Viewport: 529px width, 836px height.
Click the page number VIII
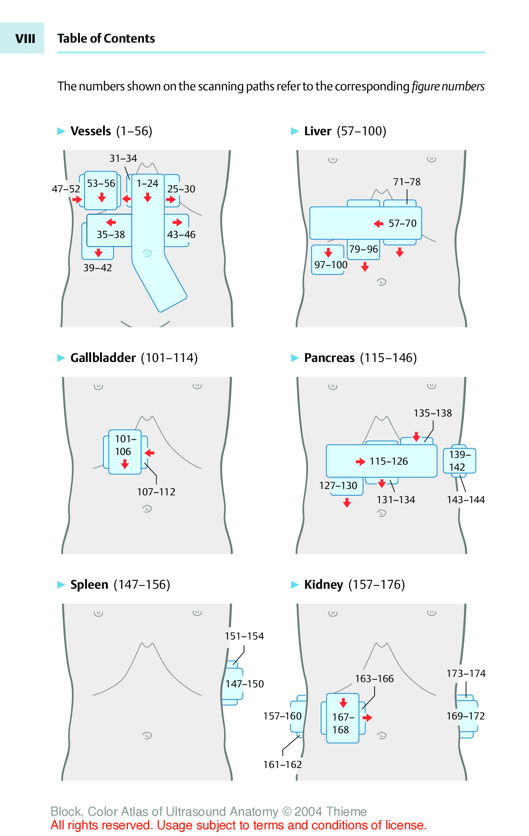pyautogui.click(x=25, y=38)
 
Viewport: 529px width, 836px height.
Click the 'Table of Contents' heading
pyautogui.click(x=106, y=38)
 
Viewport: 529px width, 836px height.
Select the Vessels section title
pyautogui.click(x=91, y=131)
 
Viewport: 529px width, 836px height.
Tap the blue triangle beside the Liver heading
pyautogui.click(x=295, y=131)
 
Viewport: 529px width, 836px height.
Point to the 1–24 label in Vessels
pyautogui.click(x=147, y=183)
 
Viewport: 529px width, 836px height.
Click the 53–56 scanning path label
pyautogui.click(x=101, y=183)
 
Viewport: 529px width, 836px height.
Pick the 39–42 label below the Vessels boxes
pyautogui.click(x=97, y=268)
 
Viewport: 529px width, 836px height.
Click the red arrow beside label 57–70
pyautogui.click(x=379, y=224)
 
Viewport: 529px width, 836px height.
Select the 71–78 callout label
pyautogui.click(x=407, y=182)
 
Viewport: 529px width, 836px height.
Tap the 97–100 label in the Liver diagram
pyautogui.click(x=331, y=265)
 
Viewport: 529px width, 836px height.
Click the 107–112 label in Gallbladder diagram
pyautogui.click(x=156, y=492)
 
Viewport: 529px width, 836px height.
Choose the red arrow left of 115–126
pyautogui.click(x=360, y=462)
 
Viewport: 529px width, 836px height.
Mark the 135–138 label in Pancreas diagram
pyautogui.click(x=433, y=413)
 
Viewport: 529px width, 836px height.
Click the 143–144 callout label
pyautogui.click(x=466, y=500)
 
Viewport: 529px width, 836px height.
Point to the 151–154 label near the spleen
pyautogui.click(x=244, y=636)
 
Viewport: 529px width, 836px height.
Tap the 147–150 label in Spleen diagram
pyautogui.click(x=245, y=684)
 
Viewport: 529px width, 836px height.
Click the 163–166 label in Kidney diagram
pyautogui.click(x=374, y=679)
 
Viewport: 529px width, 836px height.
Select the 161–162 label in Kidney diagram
pyautogui.click(x=282, y=765)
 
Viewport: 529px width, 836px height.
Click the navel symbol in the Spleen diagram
pyautogui.click(x=147, y=736)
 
